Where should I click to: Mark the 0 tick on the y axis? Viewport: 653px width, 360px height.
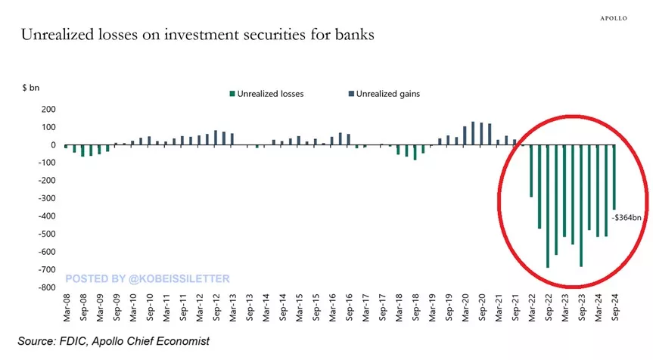(x=54, y=145)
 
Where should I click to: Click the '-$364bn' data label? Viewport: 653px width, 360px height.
(x=627, y=219)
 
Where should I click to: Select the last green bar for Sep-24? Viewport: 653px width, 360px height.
(x=614, y=177)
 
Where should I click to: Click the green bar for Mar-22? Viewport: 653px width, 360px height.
(x=530, y=171)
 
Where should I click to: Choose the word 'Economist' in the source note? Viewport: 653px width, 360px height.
(x=183, y=342)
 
